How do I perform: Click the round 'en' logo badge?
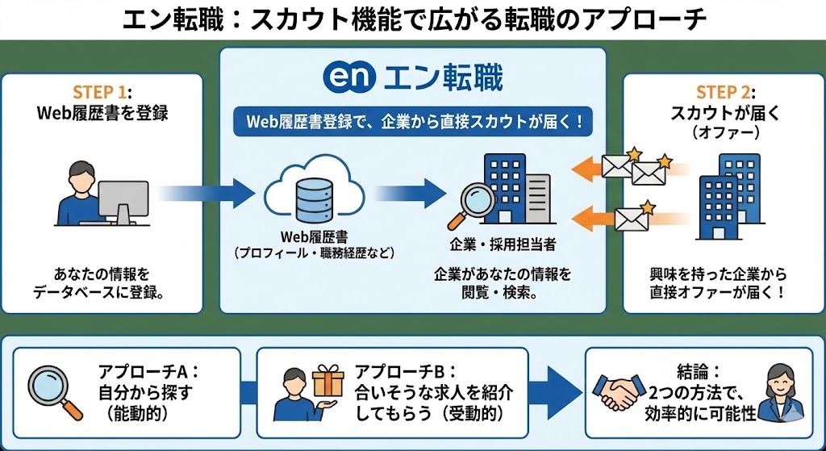[x=348, y=79]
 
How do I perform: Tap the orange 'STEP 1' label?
[x=98, y=92]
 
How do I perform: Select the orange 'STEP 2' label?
[x=723, y=92]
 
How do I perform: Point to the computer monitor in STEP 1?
[x=122, y=199]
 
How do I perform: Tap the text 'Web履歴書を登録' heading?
[x=102, y=113]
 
